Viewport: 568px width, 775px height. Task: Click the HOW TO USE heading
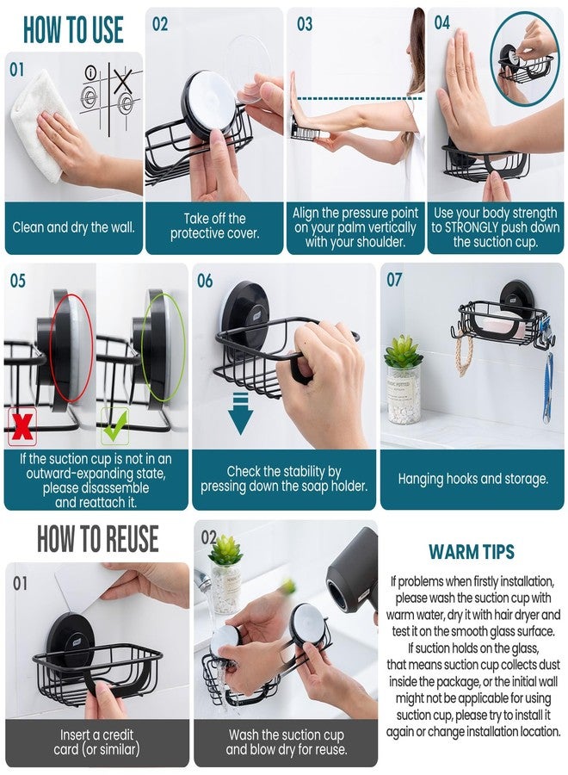(73, 29)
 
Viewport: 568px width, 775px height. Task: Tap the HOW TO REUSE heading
(98, 539)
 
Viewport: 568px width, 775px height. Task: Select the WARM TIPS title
(472, 552)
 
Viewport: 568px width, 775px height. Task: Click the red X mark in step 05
(22, 426)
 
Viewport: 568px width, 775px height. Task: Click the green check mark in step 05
(115, 425)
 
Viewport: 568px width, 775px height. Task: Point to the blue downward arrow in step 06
(240, 413)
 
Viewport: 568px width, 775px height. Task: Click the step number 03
(305, 24)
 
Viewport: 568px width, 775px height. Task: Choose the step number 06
(205, 281)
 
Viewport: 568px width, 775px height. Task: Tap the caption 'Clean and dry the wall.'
(74, 227)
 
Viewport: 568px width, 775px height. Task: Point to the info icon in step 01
(90, 73)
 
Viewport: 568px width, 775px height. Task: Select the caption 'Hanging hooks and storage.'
(473, 479)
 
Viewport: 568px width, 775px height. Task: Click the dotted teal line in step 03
(360, 99)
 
